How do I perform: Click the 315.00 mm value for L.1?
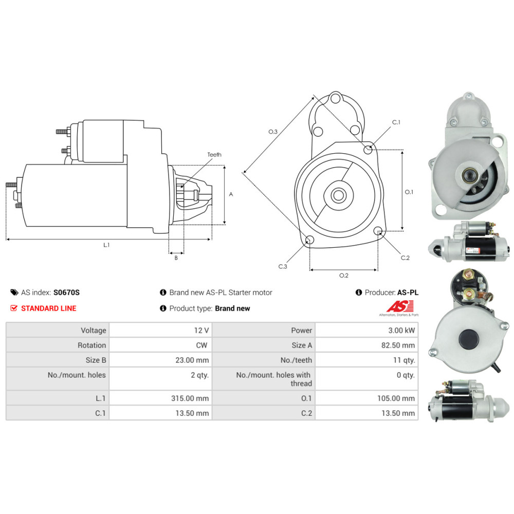click(190, 398)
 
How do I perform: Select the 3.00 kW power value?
click(401, 330)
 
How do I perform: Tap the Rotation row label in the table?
click(92, 345)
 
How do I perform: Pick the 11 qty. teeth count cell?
click(404, 360)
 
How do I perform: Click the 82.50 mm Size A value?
click(398, 345)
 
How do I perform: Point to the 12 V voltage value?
click(201, 330)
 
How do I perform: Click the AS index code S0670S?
click(66, 292)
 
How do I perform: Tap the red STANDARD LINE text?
click(48, 308)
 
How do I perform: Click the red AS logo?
click(400, 306)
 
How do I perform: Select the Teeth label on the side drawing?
click(214, 154)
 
